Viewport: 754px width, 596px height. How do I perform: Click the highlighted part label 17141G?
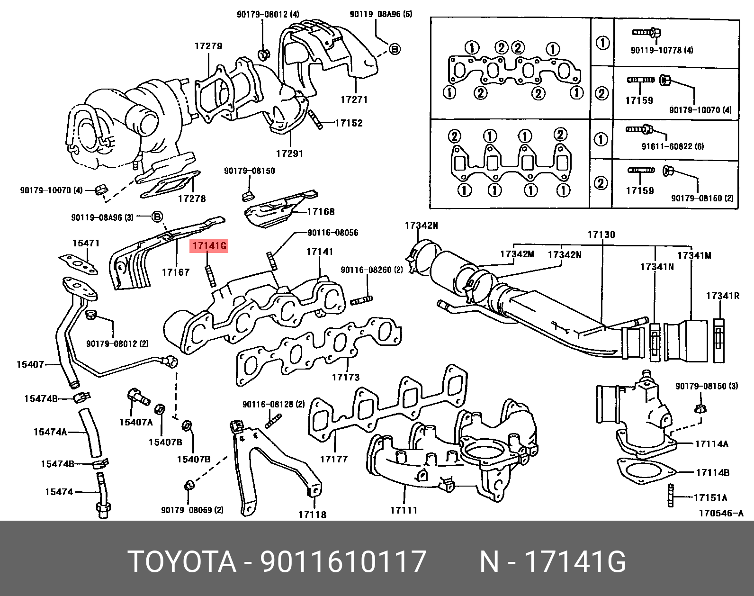(x=209, y=246)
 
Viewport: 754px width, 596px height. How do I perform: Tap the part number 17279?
(x=208, y=46)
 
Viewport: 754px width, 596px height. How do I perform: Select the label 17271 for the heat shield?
(x=354, y=100)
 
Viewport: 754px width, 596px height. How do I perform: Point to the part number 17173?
(x=345, y=378)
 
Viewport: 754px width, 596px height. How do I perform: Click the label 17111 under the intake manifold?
(x=404, y=510)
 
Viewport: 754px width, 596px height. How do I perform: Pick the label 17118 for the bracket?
(x=312, y=515)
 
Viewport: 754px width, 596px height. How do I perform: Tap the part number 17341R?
(x=722, y=296)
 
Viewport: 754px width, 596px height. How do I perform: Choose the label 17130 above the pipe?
(x=601, y=235)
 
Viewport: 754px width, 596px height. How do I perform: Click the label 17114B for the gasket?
(x=712, y=472)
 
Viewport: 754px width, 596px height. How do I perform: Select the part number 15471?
(x=86, y=243)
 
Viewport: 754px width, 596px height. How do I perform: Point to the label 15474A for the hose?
(x=50, y=432)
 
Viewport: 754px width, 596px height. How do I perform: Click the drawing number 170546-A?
(x=721, y=513)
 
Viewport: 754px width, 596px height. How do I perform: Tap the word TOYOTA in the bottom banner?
(x=182, y=562)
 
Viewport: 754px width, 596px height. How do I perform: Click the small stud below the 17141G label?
(x=210, y=276)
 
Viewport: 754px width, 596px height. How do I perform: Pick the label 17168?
(x=320, y=212)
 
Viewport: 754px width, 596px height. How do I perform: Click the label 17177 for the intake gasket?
(x=333, y=459)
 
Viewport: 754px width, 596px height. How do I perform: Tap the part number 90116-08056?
(x=332, y=233)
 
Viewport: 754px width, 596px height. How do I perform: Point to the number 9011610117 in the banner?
(x=343, y=562)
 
